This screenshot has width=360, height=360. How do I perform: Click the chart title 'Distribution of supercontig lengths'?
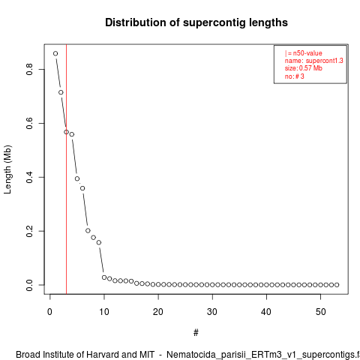[x=196, y=22]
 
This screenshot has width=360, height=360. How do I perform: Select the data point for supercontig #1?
[x=55, y=53]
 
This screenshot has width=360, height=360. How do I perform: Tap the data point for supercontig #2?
[x=61, y=92]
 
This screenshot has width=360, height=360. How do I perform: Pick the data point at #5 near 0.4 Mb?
[x=77, y=178]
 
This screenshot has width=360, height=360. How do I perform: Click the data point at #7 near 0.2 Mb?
[x=88, y=230]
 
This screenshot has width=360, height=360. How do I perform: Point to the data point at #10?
[x=104, y=277]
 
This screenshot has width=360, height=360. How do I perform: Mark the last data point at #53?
[x=337, y=285]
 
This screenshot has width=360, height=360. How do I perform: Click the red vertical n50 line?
[x=66, y=169]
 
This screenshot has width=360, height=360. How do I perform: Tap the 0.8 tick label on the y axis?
[x=29, y=69]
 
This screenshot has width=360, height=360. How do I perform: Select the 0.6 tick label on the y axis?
[x=29, y=123]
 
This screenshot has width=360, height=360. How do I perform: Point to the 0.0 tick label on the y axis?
[x=29, y=285]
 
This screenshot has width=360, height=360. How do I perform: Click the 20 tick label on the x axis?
[x=158, y=312]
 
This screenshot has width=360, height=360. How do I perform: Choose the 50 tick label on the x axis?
[x=320, y=312]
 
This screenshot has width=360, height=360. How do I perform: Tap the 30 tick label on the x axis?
[x=212, y=312]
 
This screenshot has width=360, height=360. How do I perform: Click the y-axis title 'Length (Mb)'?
[x=7, y=169]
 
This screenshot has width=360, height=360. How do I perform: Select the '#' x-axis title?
[x=196, y=333]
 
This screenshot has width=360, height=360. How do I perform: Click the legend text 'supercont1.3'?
[x=325, y=61]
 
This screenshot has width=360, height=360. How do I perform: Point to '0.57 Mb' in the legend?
[x=310, y=68]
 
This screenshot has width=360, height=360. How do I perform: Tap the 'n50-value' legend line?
[x=304, y=53]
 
